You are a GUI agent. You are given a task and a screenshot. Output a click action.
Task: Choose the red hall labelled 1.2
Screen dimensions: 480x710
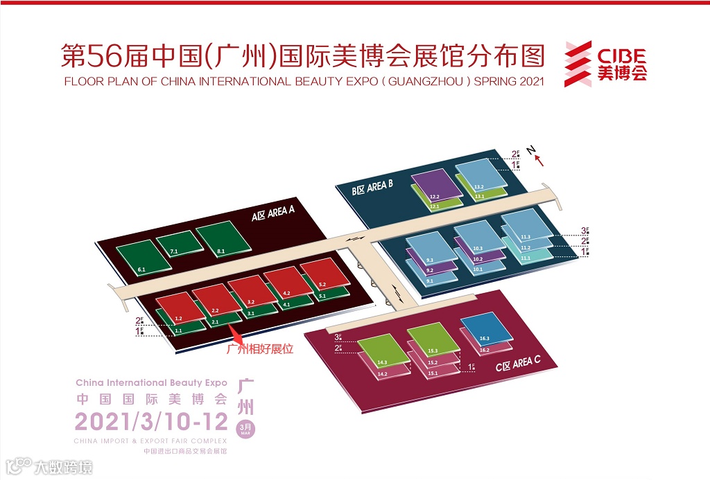pyautogui.click(x=180, y=308)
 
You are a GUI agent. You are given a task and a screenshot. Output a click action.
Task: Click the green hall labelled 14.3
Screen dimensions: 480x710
pyautogui.click(x=383, y=353)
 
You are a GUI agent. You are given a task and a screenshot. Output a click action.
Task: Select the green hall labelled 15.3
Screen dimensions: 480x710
pyautogui.click(x=433, y=340)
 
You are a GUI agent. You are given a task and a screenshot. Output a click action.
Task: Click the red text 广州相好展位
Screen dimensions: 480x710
pyautogui.click(x=260, y=349)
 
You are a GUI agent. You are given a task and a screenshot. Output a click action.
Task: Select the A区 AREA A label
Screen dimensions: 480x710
pyautogui.click(x=274, y=215)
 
